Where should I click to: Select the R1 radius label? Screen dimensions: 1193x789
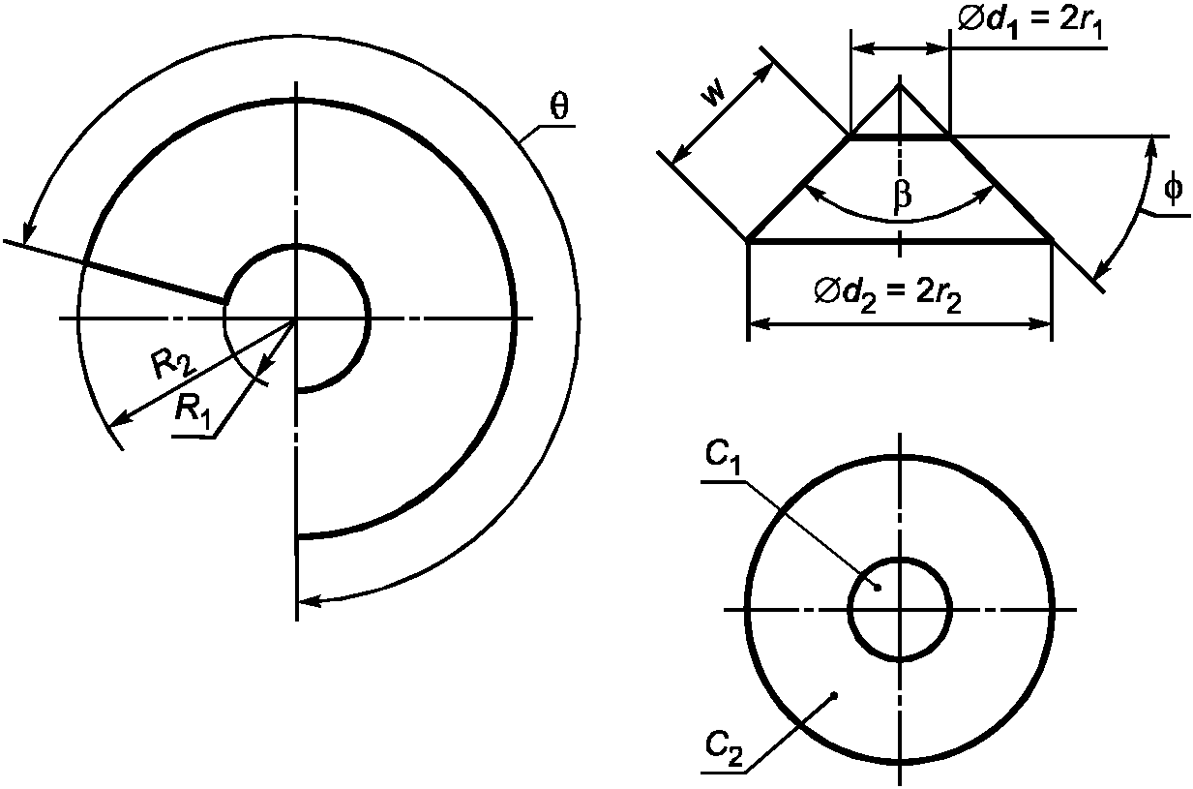pos(193,410)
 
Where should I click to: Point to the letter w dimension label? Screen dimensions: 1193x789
pos(712,95)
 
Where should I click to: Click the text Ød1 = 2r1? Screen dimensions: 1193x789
pos(1029,24)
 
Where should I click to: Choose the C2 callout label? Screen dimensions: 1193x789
pos(723,748)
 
